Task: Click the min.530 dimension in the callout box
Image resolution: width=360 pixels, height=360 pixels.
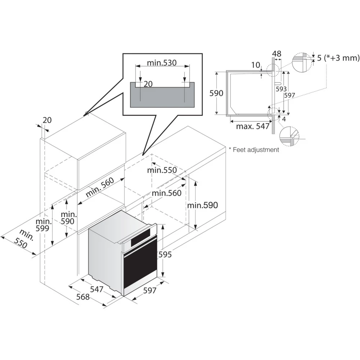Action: tap(162, 63)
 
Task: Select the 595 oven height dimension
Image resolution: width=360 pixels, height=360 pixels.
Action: tap(165, 255)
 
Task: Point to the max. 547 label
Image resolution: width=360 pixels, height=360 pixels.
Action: tap(253, 126)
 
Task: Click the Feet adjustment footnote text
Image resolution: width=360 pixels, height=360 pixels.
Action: tap(254, 150)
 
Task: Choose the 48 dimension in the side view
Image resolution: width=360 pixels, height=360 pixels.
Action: tap(276, 54)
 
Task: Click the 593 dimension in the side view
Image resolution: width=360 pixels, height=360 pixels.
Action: tap(281, 89)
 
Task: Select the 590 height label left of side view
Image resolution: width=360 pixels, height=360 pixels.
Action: tap(217, 93)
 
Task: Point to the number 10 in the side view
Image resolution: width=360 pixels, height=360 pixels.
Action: tap(256, 65)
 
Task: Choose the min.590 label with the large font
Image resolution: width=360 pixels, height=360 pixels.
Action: tap(202, 205)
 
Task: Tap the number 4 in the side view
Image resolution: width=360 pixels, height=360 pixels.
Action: tap(284, 119)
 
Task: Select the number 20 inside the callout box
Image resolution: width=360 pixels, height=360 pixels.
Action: tap(148, 84)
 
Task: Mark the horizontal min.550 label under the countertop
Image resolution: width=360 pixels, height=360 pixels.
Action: tap(162, 170)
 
